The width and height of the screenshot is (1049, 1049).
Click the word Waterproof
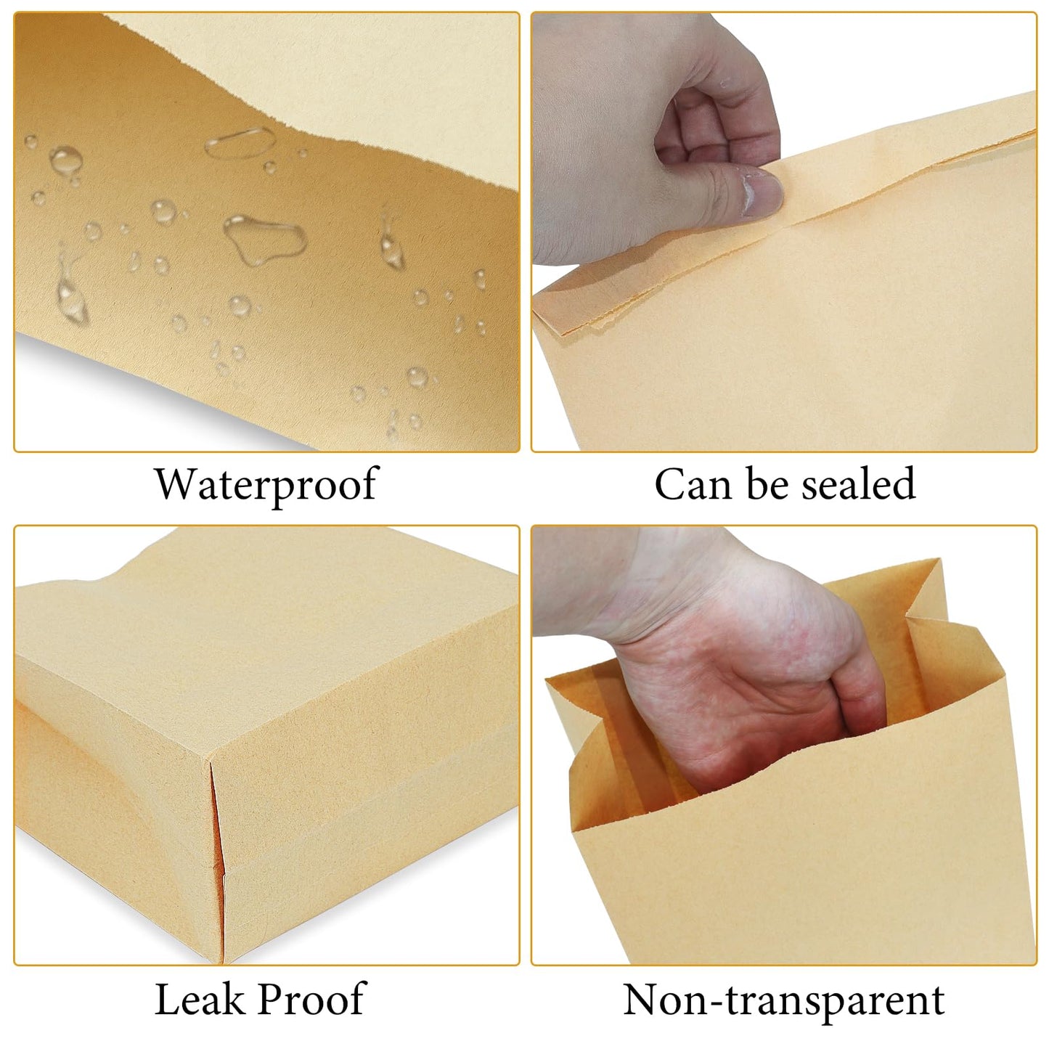pos(266,484)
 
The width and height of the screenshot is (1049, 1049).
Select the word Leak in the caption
pos(199,999)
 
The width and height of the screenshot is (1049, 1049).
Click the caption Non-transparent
pos(783,1000)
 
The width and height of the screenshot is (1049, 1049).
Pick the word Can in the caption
pos(692,484)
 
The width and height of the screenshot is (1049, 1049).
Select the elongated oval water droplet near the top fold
pos(240,142)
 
